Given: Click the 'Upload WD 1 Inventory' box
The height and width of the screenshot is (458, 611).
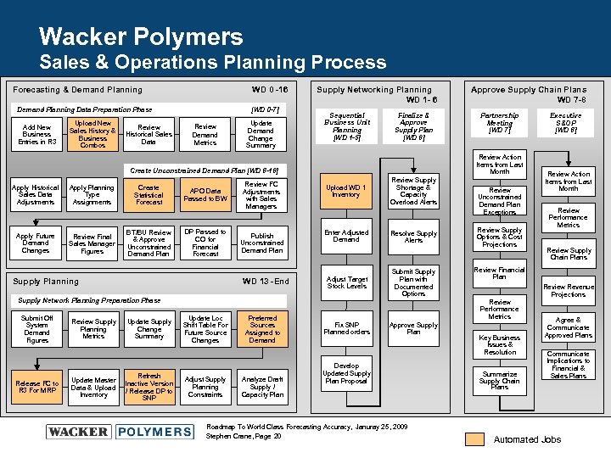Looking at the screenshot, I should [346, 191].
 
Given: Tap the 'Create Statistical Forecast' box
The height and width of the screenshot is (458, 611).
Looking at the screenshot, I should [149, 195].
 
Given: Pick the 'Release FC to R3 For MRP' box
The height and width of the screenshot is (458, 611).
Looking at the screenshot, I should [36, 388].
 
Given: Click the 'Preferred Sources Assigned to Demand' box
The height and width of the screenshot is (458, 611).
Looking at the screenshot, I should [262, 329].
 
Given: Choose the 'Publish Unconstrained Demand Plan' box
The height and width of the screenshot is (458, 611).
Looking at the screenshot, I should [262, 243].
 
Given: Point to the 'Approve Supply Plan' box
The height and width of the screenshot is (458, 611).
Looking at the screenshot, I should [413, 329].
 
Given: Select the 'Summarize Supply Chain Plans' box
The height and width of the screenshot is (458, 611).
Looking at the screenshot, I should [499, 381].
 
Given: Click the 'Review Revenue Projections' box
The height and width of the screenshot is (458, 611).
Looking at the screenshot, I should [568, 291].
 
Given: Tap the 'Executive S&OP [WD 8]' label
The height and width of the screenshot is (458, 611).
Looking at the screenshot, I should [566, 123].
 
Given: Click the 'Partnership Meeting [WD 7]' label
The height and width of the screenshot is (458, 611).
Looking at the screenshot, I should [499, 123].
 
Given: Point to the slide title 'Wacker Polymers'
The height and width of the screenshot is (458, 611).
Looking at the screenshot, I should [141, 36].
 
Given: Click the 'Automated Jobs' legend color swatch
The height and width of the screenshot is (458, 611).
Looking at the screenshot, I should [475, 438].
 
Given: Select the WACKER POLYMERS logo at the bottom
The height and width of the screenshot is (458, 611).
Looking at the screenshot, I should [120, 432].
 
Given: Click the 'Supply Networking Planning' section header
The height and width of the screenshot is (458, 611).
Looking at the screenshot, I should [373, 90].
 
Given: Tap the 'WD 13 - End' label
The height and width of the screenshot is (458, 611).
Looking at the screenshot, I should [266, 282].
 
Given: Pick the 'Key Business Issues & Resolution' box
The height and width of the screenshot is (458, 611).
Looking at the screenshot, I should [499, 344].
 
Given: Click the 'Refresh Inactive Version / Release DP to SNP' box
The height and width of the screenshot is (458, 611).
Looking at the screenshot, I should [149, 386].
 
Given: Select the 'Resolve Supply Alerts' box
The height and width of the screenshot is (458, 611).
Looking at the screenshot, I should [413, 237].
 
